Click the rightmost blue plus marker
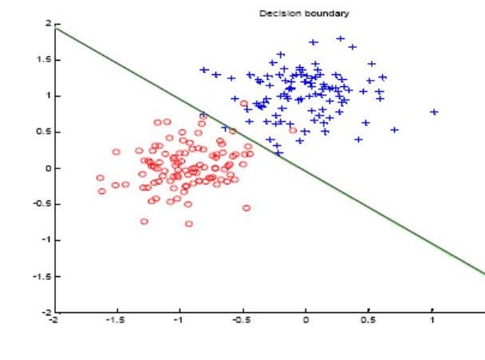click(x=434, y=112)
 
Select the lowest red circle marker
click(x=189, y=224)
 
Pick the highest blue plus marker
click(x=341, y=38)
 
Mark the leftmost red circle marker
click(x=100, y=178)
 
